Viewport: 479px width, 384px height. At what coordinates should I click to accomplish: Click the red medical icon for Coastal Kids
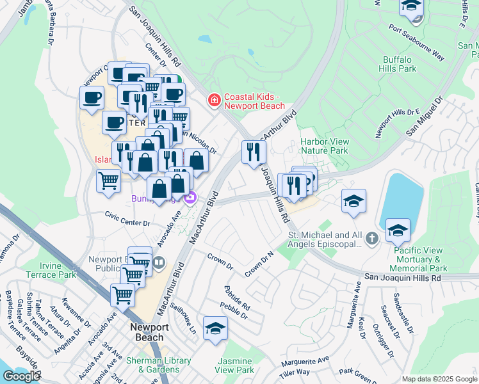point(214,100)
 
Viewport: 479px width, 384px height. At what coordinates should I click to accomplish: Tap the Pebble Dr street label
point(234,309)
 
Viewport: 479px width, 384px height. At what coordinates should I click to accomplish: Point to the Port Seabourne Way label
point(416,42)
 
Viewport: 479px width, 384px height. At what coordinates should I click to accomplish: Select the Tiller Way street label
point(295,372)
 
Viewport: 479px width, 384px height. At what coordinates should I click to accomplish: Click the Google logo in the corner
point(20,376)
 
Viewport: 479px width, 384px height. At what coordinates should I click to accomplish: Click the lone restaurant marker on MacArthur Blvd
point(254,152)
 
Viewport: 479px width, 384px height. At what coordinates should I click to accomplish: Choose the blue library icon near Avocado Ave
point(159,262)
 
